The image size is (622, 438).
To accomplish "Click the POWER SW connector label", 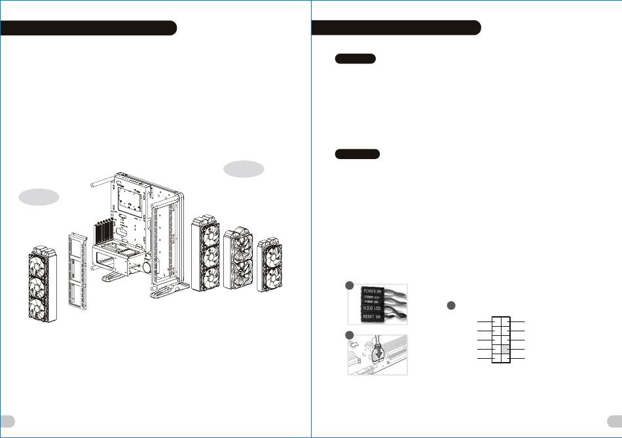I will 376,290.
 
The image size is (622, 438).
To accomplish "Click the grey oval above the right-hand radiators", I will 244,169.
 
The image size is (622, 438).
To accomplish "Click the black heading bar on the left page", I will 88,27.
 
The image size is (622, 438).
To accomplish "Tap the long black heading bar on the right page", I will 396,27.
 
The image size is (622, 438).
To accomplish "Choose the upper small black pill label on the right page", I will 355,59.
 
